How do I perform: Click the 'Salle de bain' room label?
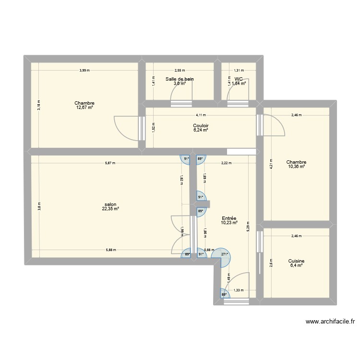point(180,79)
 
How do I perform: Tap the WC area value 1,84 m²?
point(239,84)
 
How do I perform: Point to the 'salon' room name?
point(110,204)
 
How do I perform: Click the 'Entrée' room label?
point(229,218)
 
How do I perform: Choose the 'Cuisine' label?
point(296,261)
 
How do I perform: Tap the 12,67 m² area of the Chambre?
point(84,108)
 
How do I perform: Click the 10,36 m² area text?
point(296,167)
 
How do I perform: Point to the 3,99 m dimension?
point(84,71)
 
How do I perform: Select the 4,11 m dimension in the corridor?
point(201,115)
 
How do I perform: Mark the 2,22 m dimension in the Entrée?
point(227,163)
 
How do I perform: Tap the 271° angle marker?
point(224,255)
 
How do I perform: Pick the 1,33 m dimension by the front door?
point(238,289)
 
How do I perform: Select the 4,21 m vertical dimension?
point(271,164)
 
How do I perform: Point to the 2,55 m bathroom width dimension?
point(180,71)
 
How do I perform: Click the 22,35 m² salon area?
point(110,208)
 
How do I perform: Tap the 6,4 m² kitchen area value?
point(296,265)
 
